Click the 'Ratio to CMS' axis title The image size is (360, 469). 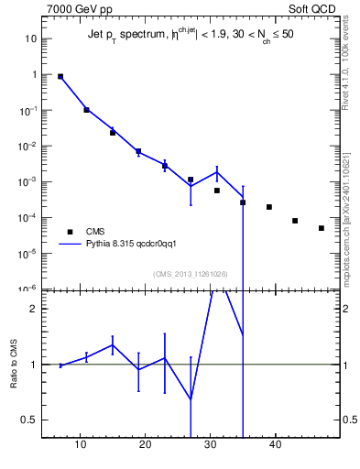tap(14, 364)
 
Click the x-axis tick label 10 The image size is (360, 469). tap(82, 446)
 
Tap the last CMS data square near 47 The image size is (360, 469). tap(322, 228)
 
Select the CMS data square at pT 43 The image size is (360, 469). tap(295, 221)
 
